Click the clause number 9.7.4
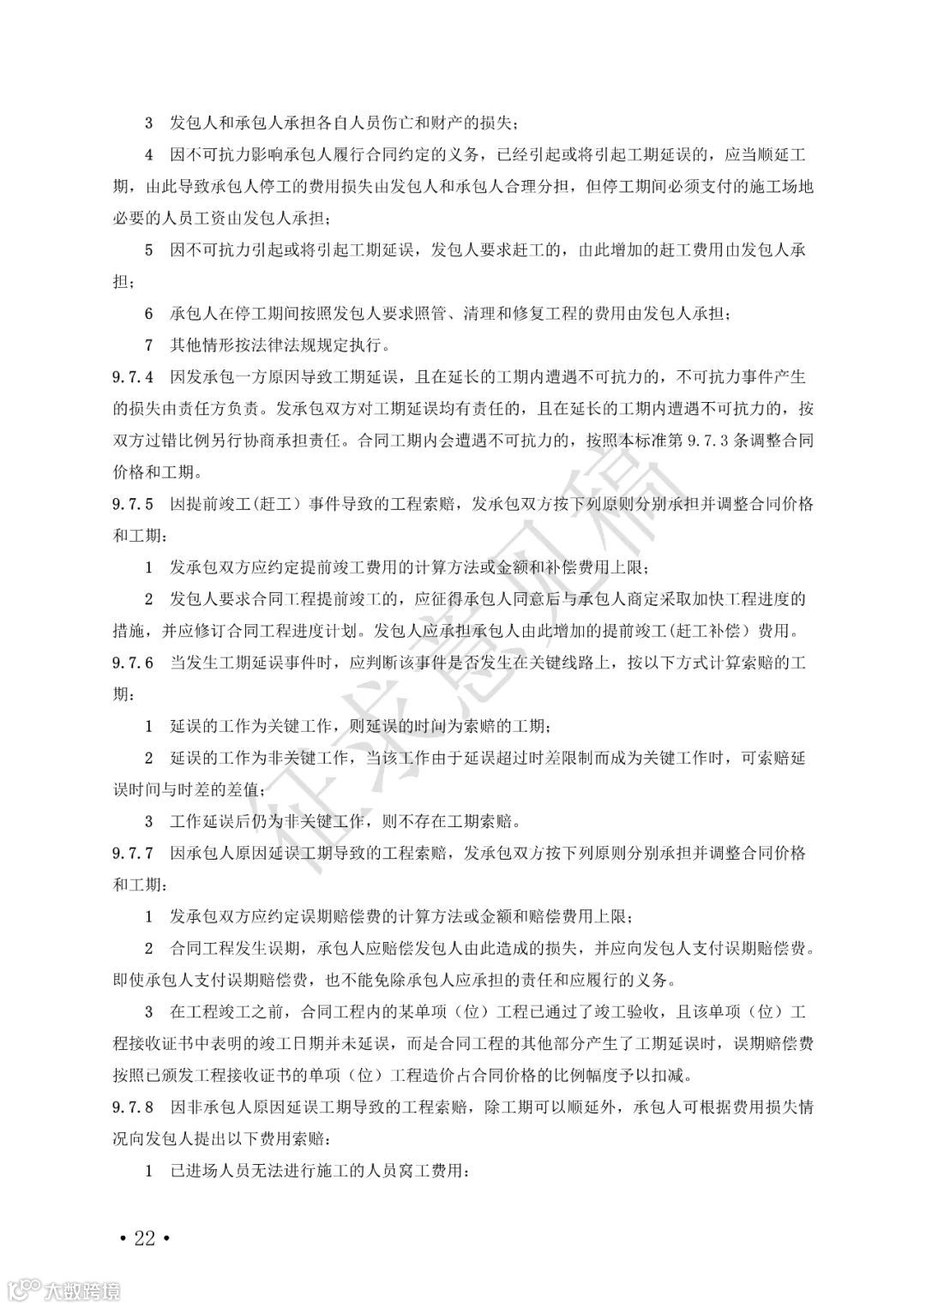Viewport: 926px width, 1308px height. click(132, 377)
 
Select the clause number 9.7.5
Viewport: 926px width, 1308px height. click(132, 504)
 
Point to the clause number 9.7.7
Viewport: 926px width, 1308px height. click(132, 854)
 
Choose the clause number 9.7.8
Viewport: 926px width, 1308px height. click(132, 1107)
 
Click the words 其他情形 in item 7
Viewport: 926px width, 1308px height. click(199, 345)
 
